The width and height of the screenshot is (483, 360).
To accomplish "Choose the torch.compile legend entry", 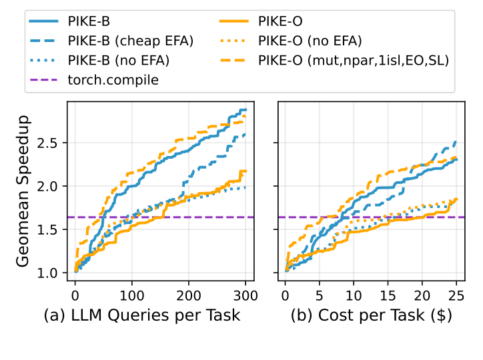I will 111,81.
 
